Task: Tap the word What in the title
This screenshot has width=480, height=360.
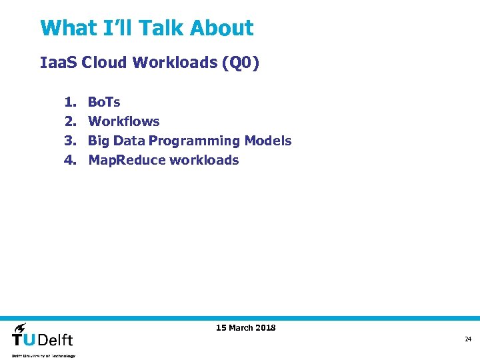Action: [69, 28]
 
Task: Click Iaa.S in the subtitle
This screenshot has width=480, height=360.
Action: [59, 63]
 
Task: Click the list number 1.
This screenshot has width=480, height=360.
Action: [69, 102]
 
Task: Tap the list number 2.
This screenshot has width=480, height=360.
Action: [69, 121]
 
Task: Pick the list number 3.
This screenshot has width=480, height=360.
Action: [69, 141]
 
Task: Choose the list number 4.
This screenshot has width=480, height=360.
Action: [69, 160]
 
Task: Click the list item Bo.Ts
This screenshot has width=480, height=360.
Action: [104, 102]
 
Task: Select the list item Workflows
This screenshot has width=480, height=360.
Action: [124, 121]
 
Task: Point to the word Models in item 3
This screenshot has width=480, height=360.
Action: [268, 141]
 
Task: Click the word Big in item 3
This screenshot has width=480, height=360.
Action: [98, 141]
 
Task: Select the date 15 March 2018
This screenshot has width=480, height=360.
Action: [246, 327]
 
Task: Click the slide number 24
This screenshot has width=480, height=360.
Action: [468, 339]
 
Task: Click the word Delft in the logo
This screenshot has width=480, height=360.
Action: [56, 339]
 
